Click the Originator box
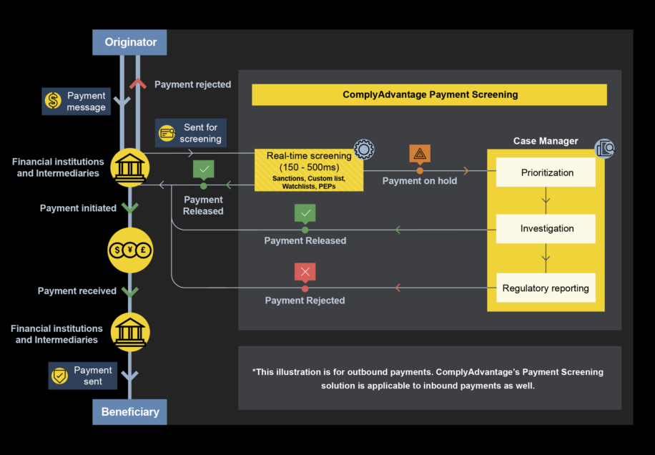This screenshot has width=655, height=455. coord(129,42)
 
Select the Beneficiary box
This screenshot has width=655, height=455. coord(129,412)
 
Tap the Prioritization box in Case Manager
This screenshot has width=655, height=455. coord(547,172)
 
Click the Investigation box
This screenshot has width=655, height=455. coord(547,229)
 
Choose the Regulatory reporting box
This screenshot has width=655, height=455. coord(546,288)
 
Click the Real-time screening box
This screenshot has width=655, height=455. coord(308,170)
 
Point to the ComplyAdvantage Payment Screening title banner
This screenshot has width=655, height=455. coord(429,94)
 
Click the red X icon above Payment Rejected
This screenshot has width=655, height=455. coord(305,272)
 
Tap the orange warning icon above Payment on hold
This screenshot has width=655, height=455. coord(420,153)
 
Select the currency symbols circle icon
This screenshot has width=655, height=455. coord(130,250)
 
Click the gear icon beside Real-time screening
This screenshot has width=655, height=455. coord(364,150)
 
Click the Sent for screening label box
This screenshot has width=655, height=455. coord(191,133)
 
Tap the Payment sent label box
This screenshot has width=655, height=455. coord(82,376)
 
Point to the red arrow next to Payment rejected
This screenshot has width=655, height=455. coord(137,84)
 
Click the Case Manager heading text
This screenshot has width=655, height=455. coord(546,141)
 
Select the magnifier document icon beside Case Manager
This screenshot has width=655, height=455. coord(605,149)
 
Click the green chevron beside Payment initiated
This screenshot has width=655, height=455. coord(129,207)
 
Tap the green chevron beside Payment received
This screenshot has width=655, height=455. coord(129,291)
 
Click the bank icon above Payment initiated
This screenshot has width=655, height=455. coord(130,168)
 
